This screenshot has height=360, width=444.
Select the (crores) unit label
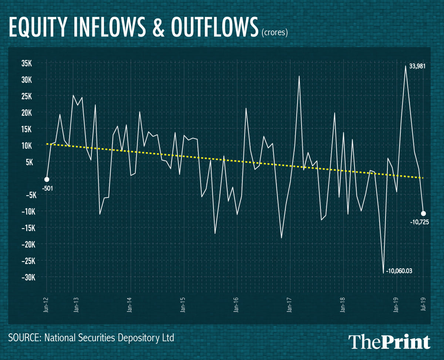click(x=275, y=33)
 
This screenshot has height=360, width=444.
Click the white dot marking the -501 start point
click(x=47, y=179)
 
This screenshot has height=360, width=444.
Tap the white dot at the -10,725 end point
click(x=423, y=213)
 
